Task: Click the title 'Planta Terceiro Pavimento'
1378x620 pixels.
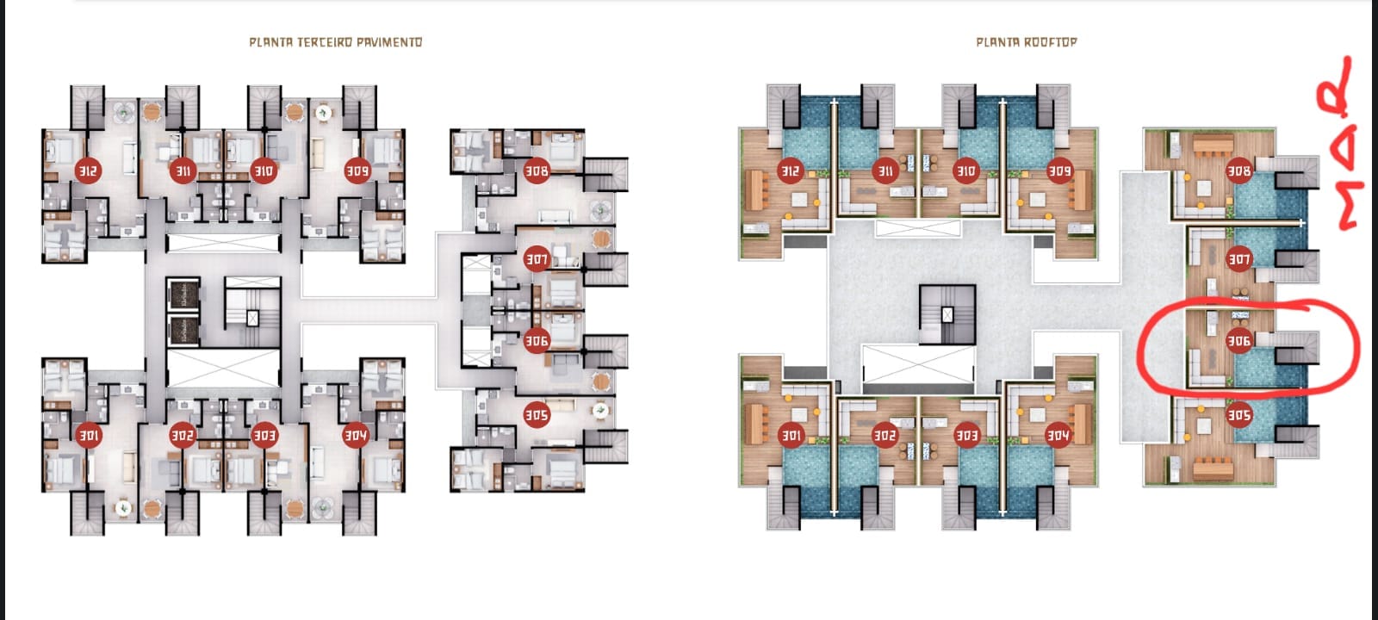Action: coord(335,41)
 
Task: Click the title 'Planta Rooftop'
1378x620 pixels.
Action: coord(1026,41)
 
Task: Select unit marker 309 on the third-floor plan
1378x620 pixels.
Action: coord(357,170)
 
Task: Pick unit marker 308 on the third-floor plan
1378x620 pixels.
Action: coord(537,170)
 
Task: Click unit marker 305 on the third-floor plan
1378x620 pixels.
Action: coord(537,415)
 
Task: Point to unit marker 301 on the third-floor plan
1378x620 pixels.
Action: coord(89,436)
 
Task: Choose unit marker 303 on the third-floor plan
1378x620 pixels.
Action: coord(264,436)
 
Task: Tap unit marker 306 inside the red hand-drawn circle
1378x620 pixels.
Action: coord(1238,341)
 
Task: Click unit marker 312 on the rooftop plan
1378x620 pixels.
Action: coord(790,170)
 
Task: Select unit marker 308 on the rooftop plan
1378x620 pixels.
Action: coord(1238,170)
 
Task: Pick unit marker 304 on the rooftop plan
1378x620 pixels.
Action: coord(1058,436)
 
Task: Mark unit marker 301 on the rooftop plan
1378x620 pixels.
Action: coord(790,436)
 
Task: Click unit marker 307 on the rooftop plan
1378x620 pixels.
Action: coord(1238,258)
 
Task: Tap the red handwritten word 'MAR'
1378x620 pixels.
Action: coord(1338,146)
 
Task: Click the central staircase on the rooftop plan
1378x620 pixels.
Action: coord(947,314)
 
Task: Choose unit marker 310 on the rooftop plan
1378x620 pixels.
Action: coord(966,170)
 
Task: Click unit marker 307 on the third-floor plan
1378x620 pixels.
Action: coord(537,258)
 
